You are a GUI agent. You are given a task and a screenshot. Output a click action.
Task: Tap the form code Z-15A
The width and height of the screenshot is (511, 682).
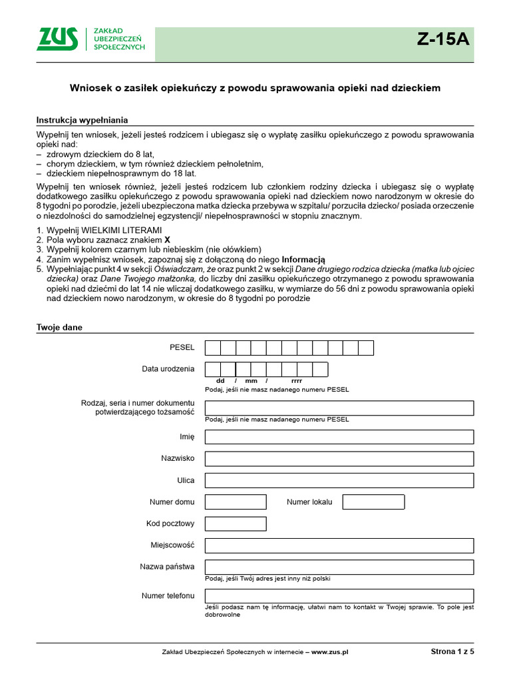443,39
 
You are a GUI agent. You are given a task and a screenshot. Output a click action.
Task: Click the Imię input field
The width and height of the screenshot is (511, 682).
339,437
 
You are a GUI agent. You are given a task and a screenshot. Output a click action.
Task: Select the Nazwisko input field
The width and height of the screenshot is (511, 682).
339,459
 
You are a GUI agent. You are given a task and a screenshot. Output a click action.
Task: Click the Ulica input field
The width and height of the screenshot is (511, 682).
339,480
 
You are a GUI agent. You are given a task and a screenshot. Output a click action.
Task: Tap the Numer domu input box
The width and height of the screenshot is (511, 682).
236,502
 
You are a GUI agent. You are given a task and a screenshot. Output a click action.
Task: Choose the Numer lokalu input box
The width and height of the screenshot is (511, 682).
373,502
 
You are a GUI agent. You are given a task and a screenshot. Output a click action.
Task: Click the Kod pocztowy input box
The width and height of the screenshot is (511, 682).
236,523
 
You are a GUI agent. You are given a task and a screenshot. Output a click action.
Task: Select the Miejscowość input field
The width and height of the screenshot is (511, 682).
339,545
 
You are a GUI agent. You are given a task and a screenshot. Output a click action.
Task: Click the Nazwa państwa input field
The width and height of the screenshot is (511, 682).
339,567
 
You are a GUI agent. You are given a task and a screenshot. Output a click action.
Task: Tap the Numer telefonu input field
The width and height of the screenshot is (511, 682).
339,595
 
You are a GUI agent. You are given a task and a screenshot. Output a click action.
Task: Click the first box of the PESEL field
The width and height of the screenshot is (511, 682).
213,348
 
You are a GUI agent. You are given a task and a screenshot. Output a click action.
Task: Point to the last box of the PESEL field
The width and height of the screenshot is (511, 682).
366,348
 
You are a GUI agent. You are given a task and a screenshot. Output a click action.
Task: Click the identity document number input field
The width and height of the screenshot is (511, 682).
339,408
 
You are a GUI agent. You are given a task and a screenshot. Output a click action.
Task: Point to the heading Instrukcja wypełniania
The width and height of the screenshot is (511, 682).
82,120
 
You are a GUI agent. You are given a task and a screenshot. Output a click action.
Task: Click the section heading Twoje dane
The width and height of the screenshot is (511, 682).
59,328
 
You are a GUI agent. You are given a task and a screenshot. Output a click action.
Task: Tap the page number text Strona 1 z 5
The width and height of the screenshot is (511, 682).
452,652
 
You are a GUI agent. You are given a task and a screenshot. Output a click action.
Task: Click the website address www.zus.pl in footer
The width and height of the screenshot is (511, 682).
330,652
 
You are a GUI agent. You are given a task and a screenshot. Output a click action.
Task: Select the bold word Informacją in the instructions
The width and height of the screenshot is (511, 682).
303,259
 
